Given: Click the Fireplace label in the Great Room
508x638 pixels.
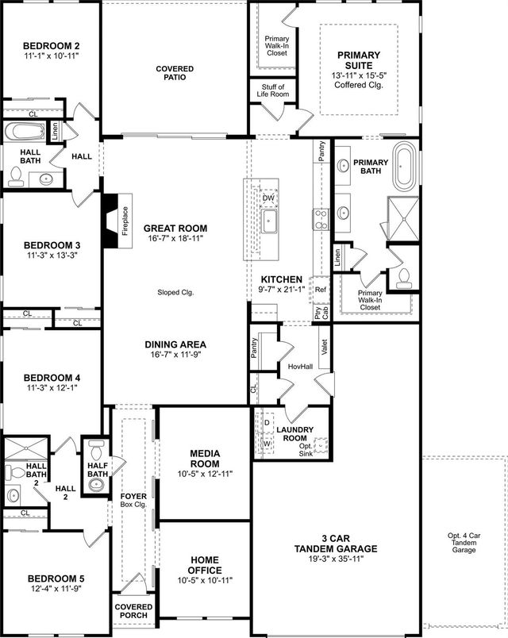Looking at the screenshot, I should click(x=125, y=221).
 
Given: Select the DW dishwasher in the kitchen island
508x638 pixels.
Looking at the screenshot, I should click(x=268, y=198).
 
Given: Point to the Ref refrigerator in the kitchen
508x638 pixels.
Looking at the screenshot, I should click(x=321, y=290).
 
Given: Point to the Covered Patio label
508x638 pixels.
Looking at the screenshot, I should click(x=175, y=74).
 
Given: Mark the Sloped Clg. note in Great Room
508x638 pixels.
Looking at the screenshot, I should click(x=175, y=292).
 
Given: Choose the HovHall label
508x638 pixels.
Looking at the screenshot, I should click(x=298, y=366).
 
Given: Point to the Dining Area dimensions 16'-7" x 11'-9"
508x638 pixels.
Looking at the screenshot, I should click(x=175, y=356).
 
